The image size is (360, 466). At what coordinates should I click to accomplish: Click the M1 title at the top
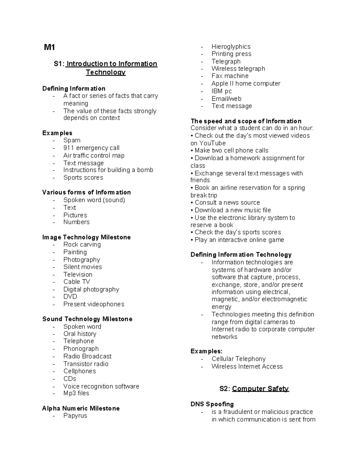point(49,47)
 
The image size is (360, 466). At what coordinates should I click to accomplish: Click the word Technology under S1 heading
point(106,72)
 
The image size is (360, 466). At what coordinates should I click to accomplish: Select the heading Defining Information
point(74,89)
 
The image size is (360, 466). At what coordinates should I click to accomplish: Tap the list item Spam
point(72,140)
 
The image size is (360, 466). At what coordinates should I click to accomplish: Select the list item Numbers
point(76,222)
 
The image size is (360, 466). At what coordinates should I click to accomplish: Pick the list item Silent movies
point(82,267)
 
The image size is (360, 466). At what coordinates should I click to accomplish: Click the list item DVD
point(70,296)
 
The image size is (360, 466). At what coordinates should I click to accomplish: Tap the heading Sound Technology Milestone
point(87,319)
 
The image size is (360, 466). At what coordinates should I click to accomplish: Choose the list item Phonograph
point(81,349)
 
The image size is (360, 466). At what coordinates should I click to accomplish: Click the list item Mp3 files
point(76,393)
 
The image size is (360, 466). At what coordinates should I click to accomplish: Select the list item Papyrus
point(75,416)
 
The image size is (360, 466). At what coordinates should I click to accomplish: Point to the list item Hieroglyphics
point(231,47)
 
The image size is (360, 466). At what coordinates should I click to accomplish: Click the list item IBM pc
point(222,91)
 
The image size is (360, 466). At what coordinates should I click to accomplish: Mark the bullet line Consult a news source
point(227,203)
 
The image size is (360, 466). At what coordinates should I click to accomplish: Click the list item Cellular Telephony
point(238,359)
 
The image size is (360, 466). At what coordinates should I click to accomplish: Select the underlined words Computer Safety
point(260,389)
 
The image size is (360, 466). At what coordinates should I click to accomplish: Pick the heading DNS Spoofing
point(212,404)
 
